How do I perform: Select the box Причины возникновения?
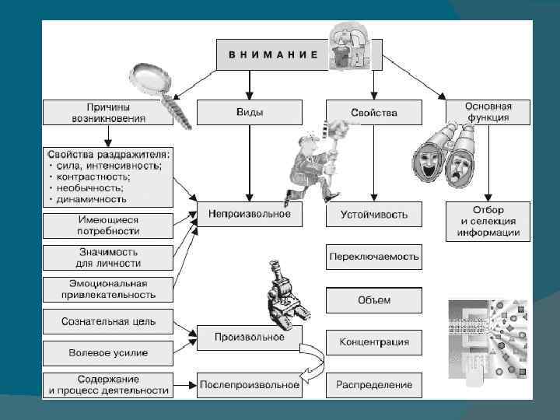click(107, 112)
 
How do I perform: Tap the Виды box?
click(249, 112)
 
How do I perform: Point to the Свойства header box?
click(373, 112)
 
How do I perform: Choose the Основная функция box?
click(488, 112)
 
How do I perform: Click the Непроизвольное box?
click(249, 213)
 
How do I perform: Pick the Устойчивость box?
click(373, 213)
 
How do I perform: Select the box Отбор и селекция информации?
click(488, 221)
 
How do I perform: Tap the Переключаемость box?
click(373, 256)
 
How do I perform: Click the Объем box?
click(373, 300)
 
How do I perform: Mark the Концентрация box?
click(373, 342)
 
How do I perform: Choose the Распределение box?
click(373, 384)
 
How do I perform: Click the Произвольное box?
click(249, 338)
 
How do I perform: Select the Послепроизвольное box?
click(249, 384)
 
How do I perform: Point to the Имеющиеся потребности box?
click(107, 226)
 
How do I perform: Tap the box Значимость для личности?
click(107, 257)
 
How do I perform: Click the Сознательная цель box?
click(107, 321)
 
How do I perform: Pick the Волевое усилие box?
click(107, 352)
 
